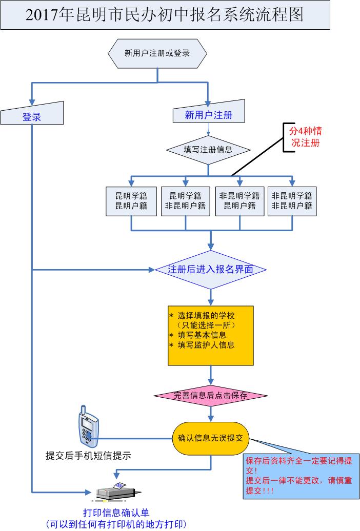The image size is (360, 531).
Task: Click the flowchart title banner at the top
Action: pos(165,15)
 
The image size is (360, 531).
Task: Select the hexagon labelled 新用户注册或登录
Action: pos(157,52)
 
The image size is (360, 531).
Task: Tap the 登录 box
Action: pos(32,116)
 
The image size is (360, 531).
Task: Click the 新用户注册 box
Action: pos(208,115)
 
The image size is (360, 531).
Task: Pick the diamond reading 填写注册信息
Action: pos(208,150)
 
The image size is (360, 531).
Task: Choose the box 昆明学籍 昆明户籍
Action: pos(131,200)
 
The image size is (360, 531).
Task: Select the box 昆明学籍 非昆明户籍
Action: pos(185,200)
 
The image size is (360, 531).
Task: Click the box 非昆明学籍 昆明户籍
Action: pos(239,200)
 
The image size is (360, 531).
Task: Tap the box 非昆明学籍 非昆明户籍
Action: pos(292,200)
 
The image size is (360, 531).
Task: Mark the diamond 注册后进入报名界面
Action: pos(211,269)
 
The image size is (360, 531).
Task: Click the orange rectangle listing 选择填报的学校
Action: pos(211,335)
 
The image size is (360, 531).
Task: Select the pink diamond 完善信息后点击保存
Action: pos(211,395)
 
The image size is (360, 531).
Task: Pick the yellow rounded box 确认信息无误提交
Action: pos(211,438)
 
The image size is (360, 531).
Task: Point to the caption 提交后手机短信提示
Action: pos(88,455)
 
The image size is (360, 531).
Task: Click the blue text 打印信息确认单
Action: pos(116,513)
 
